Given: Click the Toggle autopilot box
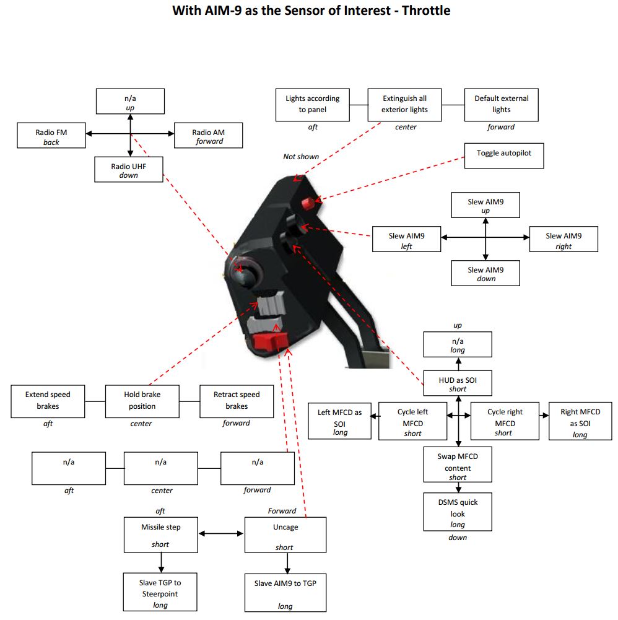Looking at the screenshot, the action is tap(503, 156).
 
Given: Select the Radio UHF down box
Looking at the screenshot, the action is tap(129, 170).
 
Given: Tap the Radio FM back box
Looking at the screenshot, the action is tap(51, 136).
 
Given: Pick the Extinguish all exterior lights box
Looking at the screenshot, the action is tap(404, 105).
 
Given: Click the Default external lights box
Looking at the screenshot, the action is tap(502, 105).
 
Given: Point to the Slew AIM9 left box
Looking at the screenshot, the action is tap(406, 239).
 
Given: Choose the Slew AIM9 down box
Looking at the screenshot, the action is tap(485, 273).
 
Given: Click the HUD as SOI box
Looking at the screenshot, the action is tap(458, 383).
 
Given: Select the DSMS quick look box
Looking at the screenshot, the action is tap(458, 512).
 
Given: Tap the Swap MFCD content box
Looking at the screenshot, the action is tap(458, 465).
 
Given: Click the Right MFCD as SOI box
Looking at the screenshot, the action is tap(580, 422).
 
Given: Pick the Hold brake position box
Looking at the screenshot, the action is tap(142, 401).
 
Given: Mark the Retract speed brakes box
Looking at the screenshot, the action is tap(237, 401).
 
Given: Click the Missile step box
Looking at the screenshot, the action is tap(161, 535).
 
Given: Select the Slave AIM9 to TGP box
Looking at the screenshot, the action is tap(285, 593).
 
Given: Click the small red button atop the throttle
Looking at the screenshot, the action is tap(308, 204).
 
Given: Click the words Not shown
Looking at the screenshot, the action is tap(301, 157).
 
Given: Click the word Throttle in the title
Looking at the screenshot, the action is tap(426, 11).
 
